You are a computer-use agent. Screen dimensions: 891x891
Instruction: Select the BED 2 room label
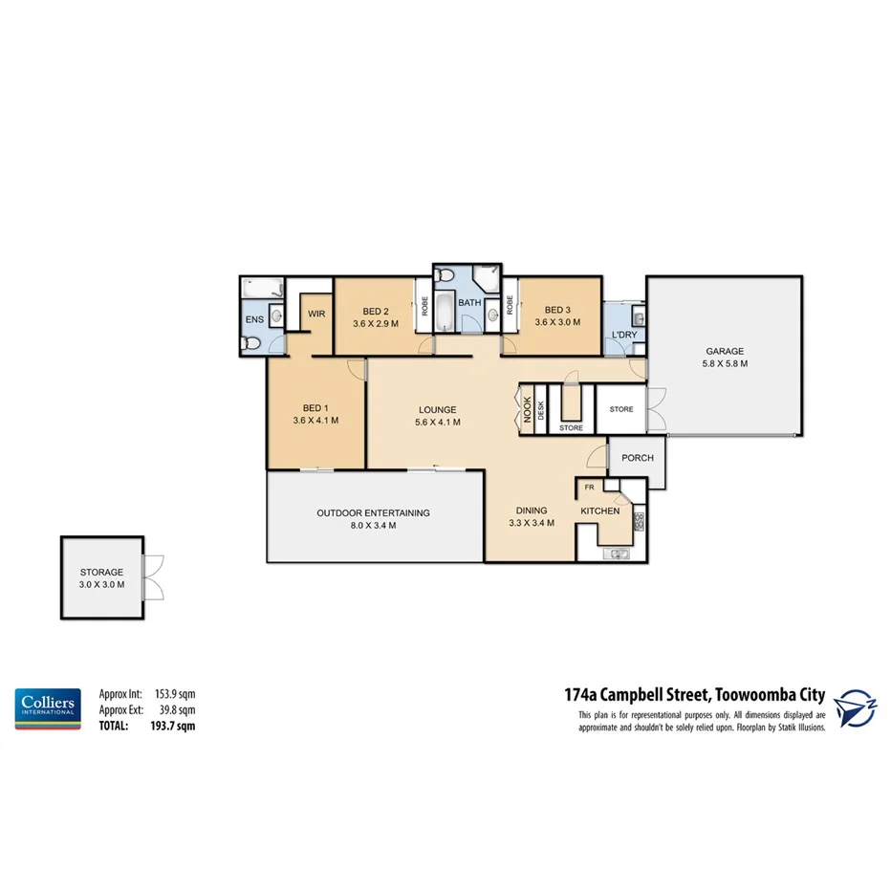point(375,311)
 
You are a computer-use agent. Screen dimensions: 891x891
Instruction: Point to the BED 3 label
point(556,310)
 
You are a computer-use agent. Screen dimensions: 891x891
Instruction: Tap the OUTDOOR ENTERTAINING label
point(373,513)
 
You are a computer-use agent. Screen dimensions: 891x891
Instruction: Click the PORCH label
point(637,458)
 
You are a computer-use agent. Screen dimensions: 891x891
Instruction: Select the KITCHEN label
point(600,511)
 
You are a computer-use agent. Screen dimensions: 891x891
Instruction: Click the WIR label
point(315,313)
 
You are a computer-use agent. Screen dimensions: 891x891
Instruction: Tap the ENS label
point(253,319)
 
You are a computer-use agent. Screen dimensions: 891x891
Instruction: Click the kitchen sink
point(617,553)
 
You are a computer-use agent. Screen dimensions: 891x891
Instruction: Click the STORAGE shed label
point(100,572)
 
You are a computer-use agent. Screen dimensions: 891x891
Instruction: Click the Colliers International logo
point(47,708)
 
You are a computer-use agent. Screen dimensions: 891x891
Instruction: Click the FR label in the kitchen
point(590,487)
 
